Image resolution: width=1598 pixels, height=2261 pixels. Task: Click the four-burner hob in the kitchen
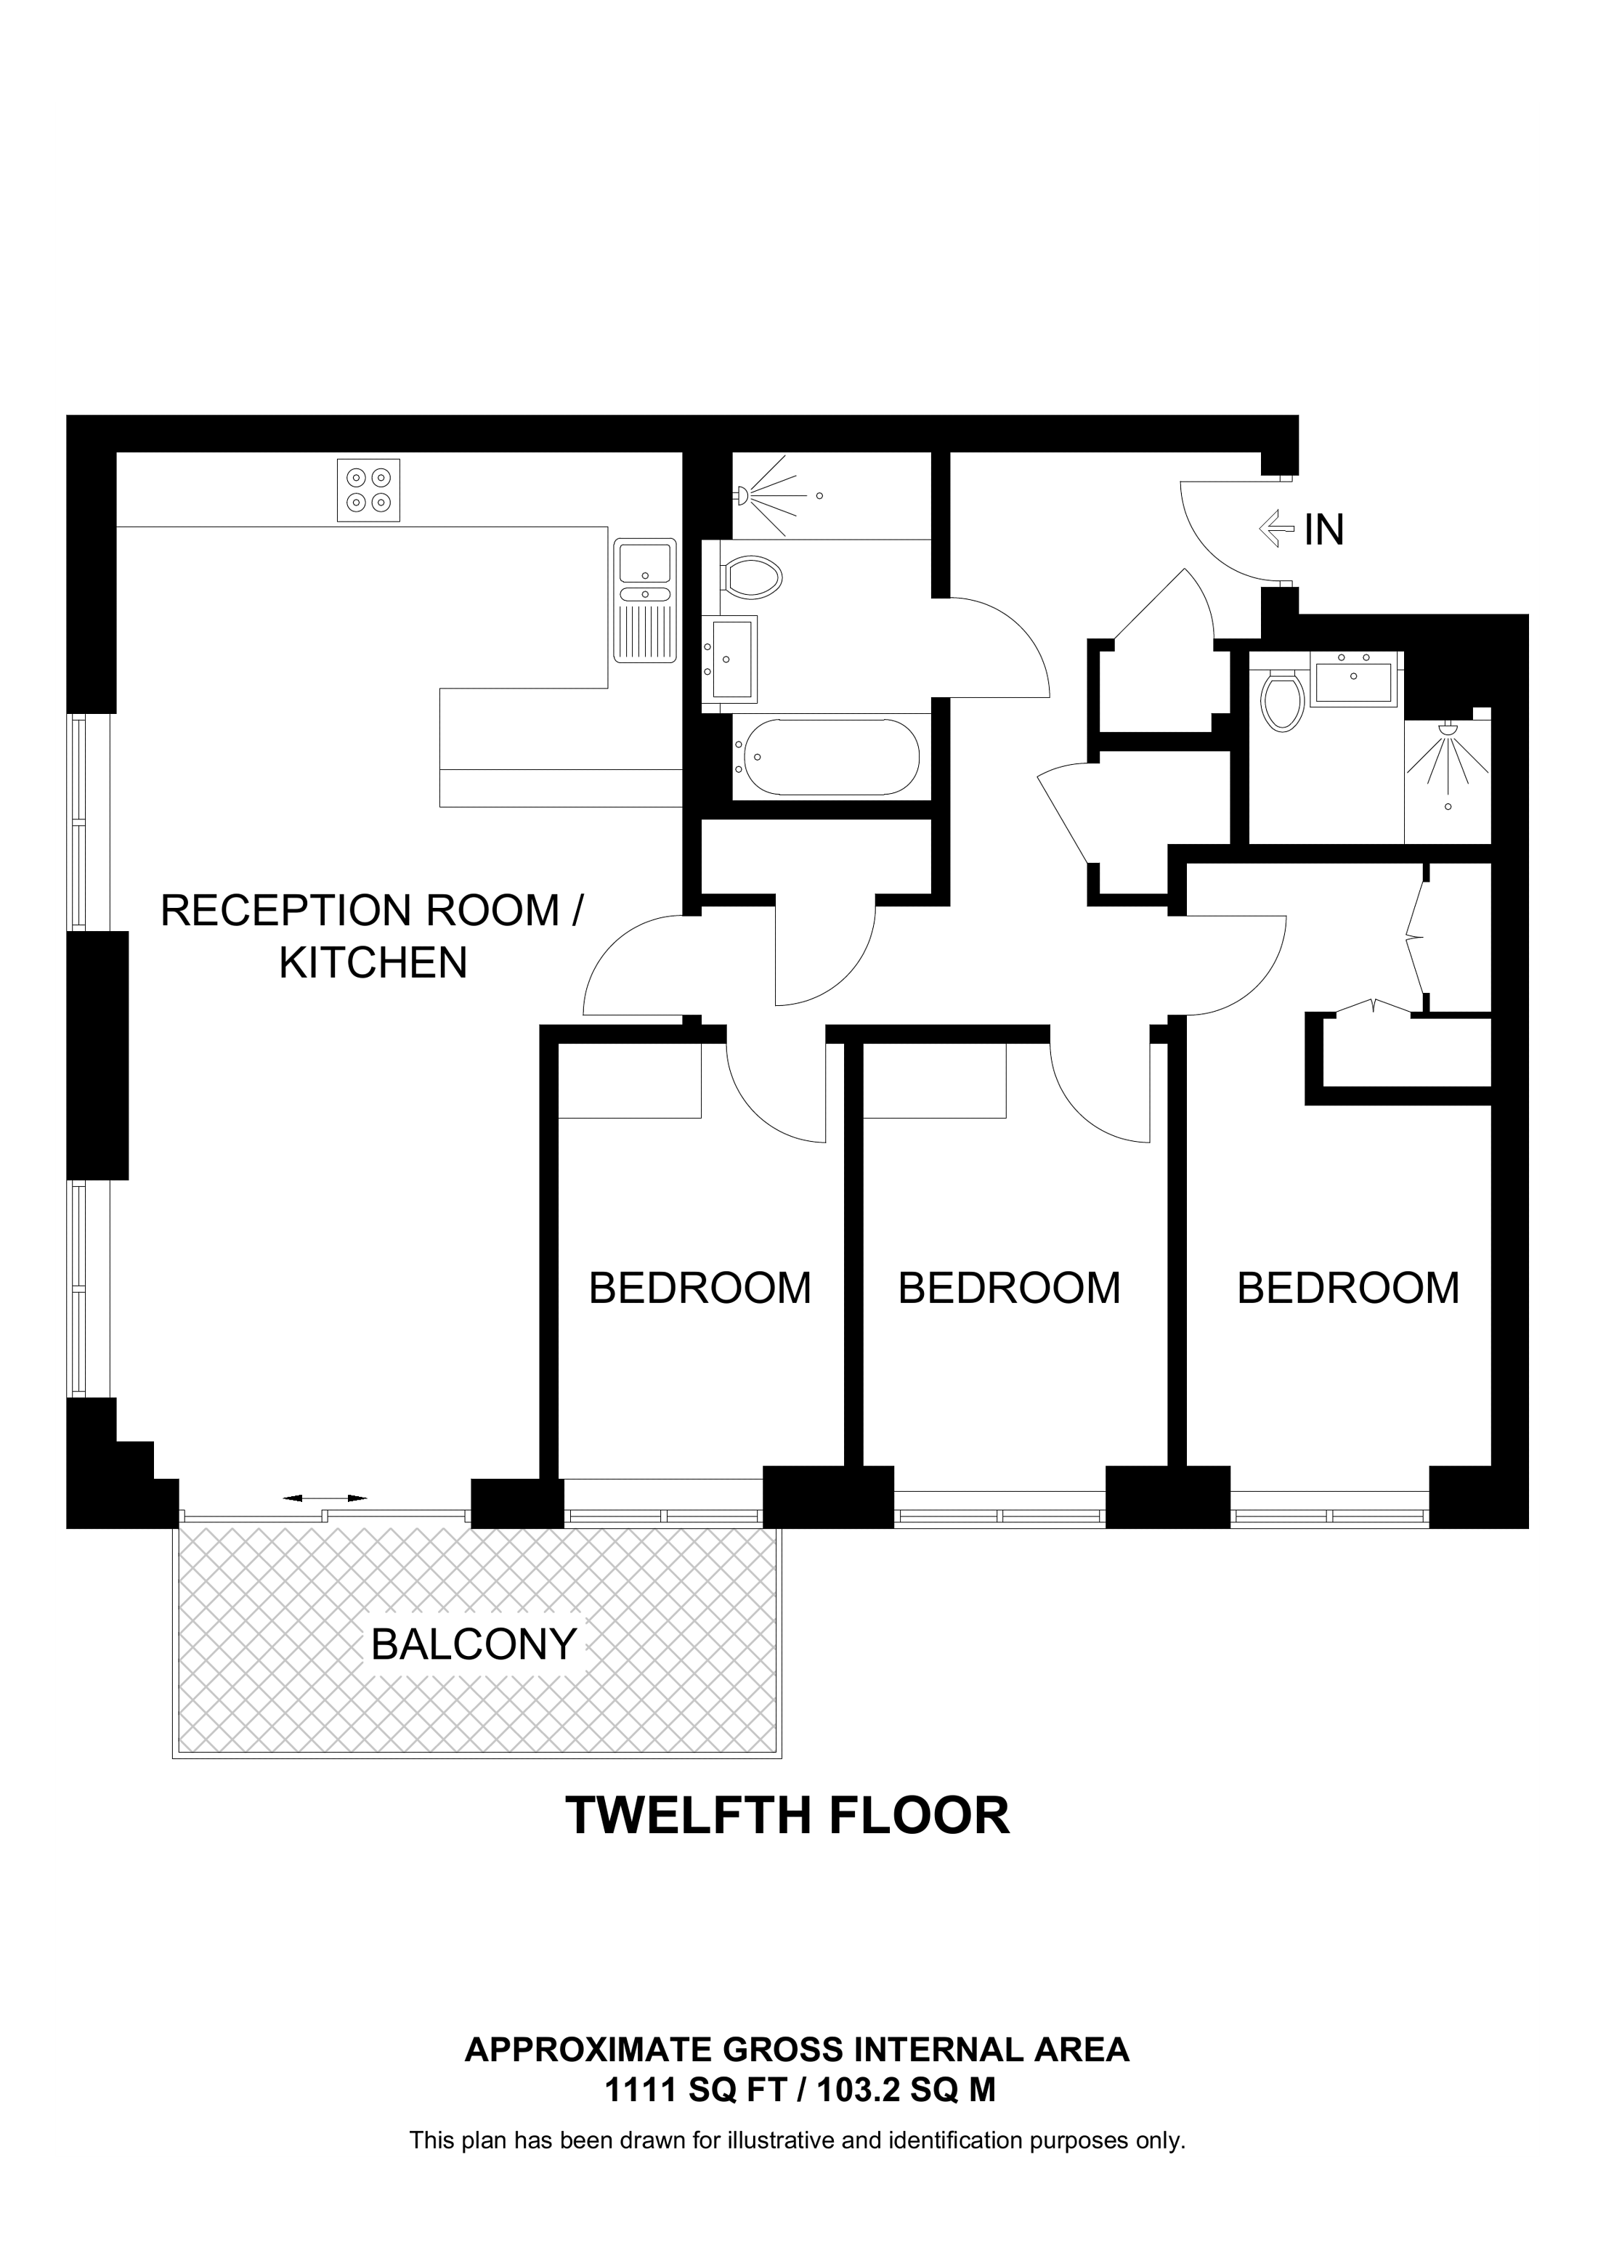(368, 490)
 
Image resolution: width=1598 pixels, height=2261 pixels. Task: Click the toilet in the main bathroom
(753, 575)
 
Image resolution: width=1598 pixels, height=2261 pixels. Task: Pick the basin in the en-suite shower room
(1354, 681)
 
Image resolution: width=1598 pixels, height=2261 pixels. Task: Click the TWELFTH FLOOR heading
(787, 1815)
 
